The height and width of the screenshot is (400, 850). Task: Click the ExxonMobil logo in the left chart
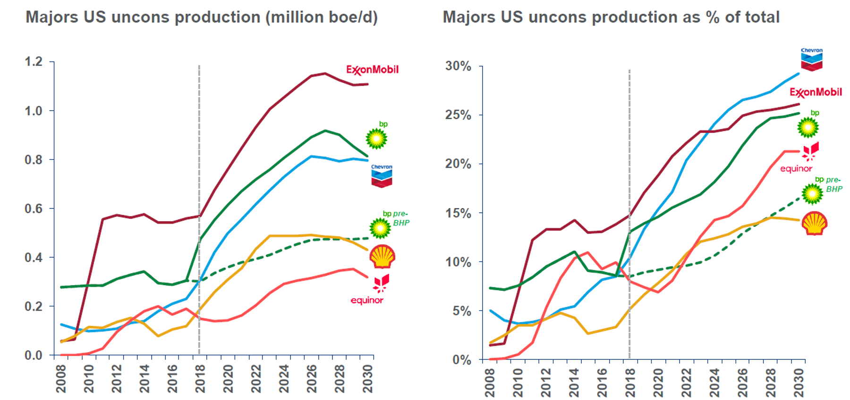372,70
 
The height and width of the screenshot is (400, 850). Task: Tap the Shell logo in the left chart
382,257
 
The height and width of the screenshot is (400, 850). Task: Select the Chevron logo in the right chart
811,60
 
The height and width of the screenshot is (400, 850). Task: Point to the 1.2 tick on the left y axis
34,61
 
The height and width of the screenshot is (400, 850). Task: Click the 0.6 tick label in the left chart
34,209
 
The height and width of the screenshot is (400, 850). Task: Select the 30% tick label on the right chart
458,66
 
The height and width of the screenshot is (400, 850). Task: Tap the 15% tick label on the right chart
458,213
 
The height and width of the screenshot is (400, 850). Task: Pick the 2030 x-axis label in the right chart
799,383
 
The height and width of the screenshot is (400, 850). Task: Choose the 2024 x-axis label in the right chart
714,383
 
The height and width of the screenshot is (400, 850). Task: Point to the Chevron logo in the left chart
382,176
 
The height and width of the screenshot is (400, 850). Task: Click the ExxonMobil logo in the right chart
816,92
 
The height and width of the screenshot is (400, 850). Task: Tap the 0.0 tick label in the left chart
34,356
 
